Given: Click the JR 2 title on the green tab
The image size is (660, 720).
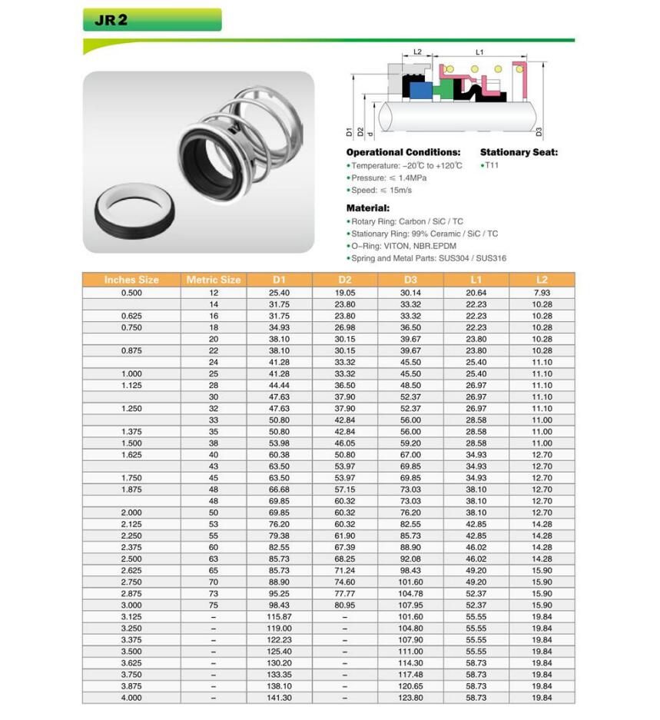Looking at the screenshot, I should coord(111,20).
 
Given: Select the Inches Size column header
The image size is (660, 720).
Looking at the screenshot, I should coord(131,280).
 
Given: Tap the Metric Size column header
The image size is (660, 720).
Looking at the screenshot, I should coord(214,280).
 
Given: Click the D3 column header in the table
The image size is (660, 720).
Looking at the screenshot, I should coord(410,280).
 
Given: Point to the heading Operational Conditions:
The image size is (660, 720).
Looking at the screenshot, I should coord(403,152).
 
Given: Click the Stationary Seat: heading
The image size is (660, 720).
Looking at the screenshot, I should coord(519,152).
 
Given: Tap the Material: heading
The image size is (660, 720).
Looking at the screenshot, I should coord(368,207).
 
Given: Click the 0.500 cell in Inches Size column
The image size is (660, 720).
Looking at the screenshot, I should coord(131,293).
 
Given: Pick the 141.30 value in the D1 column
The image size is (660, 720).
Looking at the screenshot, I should coord(279,698).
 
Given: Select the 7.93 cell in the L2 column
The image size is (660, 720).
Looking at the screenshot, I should coord(542,293).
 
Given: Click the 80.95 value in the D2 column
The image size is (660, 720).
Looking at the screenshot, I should coord(345,606).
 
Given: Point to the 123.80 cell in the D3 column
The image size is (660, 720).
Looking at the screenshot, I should coord(410,698).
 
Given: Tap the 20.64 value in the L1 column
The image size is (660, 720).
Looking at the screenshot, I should coord(476,293).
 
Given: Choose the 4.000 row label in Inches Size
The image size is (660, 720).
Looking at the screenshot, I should coord(131,698).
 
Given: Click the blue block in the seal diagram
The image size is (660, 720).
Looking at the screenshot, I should coord(419,90).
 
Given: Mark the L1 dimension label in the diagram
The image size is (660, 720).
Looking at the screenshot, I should coord(479,52).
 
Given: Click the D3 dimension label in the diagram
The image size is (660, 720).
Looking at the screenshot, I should coord(539,132).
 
